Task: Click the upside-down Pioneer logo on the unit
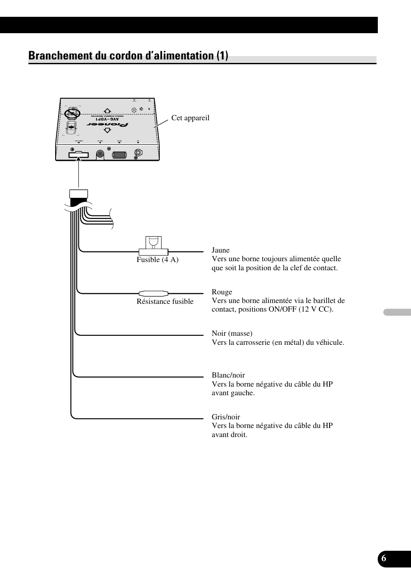pyautogui.click(x=108, y=124)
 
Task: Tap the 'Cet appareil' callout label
pyautogui.click(x=190, y=118)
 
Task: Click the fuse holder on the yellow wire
pyautogui.click(x=153, y=248)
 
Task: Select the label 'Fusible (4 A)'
pyautogui.click(x=157, y=259)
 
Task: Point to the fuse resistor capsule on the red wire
pyautogui.click(x=153, y=294)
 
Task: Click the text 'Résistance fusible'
pyautogui.click(x=165, y=301)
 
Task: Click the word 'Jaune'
pyautogui.click(x=221, y=250)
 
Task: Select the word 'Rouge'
pyautogui.click(x=222, y=292)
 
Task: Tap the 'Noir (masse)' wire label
pyautogui.click(x=232, y=333)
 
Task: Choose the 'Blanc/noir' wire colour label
pyautogui.click(x=228, y=375)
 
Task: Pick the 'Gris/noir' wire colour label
pyautogui.click(x=226, y=417)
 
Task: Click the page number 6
pyautogui.click(x=384, y=559)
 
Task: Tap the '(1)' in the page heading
pyautogui.click(x=222, y=56)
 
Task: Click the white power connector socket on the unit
pyautogui.click(x=79, y=154)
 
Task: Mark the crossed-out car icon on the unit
pyautogui.click(x=70, y=113)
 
